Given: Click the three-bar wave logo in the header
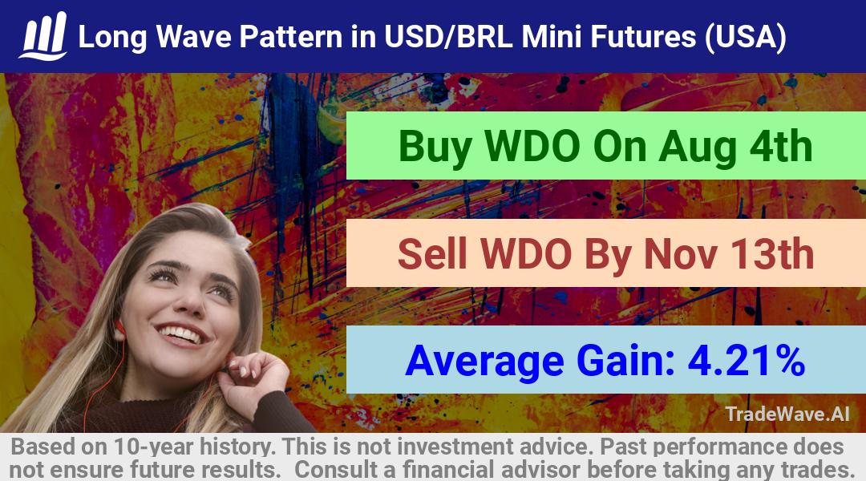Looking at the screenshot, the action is click(x=43, y=35).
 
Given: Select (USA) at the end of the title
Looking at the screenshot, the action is click(x=745, y=37).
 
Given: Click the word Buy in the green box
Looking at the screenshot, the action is click(x=435, y=147).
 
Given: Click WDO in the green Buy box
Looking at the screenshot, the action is click(x=532, y=147).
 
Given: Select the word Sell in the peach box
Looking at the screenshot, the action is click(x=432, y=254).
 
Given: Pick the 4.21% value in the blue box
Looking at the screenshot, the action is click(x=747, y=361).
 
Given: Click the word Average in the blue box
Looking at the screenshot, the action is click(x=484, y=362).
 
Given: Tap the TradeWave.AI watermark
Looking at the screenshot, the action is click(x=787, y=414).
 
